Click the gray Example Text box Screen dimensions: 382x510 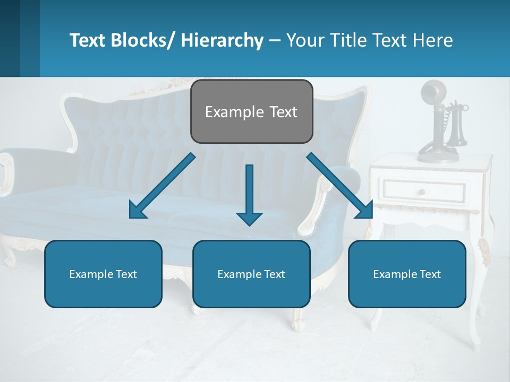click(251, 111)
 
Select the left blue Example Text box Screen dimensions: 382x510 click(103, 274)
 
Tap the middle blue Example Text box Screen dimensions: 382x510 click(251, 274)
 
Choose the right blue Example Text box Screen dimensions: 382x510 click(407, 274)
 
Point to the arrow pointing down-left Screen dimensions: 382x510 click(162, 186)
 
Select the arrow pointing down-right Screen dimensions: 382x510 click(341, 186)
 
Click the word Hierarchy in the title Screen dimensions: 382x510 click(222, 40)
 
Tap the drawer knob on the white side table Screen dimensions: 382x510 click(422, 192)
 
